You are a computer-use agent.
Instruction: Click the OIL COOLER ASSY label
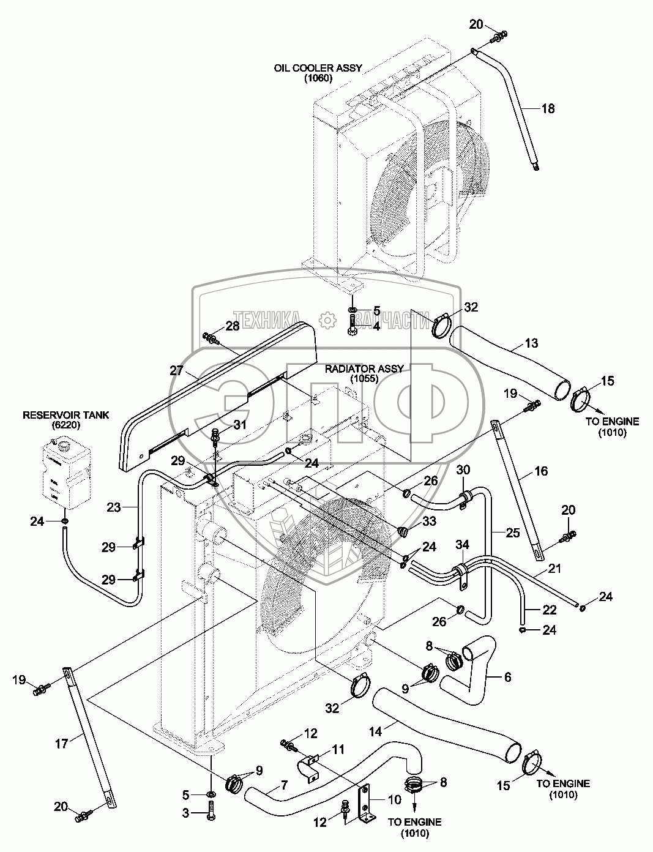click(x=318, y=69)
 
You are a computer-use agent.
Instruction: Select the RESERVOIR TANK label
click(x=65, y=415)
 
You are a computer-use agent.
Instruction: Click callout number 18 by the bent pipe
click(x=547, y=109)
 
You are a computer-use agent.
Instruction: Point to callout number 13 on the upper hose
click(x=531, y=343)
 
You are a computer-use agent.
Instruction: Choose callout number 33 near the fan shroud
click(x=429, y=521)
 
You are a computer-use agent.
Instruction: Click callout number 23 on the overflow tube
click(x=114, y=506)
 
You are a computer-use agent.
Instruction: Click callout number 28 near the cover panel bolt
click(x=232, y=326)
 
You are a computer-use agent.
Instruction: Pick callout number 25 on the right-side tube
click(x=512, y=532)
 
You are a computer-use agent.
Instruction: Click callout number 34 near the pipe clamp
click(x=462, y=545)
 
